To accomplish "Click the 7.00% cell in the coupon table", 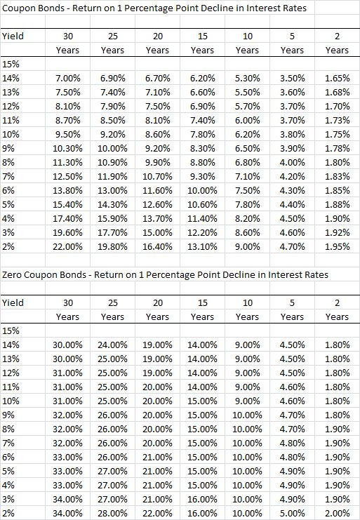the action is point(67,79).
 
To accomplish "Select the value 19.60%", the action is point(67,233).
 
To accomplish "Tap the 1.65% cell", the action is point(337,79).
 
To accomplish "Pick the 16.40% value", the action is point(157,247).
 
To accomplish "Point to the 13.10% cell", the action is point(202,247).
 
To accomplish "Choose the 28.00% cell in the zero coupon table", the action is point(112,514).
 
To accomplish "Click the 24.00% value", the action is point(112,345).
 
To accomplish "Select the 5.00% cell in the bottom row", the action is point(292,514).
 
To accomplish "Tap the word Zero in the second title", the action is point(12,275).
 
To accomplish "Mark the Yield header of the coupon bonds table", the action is point(13,36).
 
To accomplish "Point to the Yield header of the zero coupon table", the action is point(13,302).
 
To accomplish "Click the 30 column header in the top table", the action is point(68,36).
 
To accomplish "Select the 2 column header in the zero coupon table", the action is point(337,302).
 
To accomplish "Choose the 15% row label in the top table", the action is point(11,65).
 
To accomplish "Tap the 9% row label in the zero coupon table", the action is point(8,415).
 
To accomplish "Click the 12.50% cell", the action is point(67,176).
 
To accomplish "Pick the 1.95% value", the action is point(337,247).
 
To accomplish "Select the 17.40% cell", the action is point(67,219).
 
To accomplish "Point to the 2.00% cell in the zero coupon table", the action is point(337,514).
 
